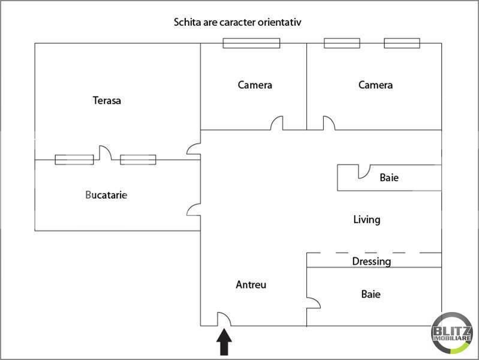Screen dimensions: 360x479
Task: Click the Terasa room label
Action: [107, 100]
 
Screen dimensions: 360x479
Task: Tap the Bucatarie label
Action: [107, 195]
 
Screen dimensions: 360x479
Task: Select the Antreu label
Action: [251, 285]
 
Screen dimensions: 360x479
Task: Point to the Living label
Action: [366, 220]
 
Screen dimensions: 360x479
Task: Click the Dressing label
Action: [371, 262]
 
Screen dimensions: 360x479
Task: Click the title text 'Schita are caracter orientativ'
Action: [237, 22]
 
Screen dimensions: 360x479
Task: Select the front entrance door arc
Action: [223, 319]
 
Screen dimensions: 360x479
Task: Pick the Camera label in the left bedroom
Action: [255, 85]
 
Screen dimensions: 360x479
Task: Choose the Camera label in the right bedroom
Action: [375, 85]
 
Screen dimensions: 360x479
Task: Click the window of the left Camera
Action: [251, 43]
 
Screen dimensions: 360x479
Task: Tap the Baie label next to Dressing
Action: [370, 295]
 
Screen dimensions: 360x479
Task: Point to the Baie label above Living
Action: [389, 178]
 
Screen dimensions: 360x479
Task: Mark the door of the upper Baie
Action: [363, 172]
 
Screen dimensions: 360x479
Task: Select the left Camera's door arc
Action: [277, 124]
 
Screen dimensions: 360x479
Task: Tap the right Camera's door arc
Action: [329, 123]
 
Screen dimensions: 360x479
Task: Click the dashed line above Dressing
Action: [374, 253]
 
